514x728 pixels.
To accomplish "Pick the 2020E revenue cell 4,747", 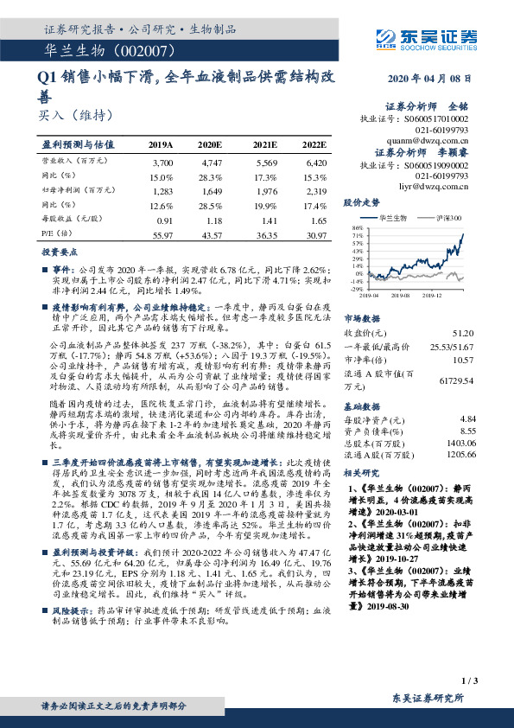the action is (213, 163).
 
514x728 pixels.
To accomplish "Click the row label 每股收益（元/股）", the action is (72, 220).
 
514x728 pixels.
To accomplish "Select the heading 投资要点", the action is (60, 251).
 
